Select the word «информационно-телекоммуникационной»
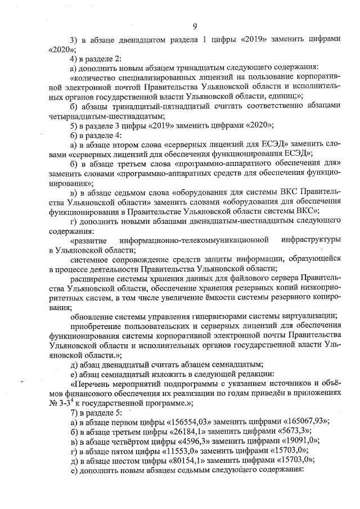pos(201,240)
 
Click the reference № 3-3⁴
pos(63,402)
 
